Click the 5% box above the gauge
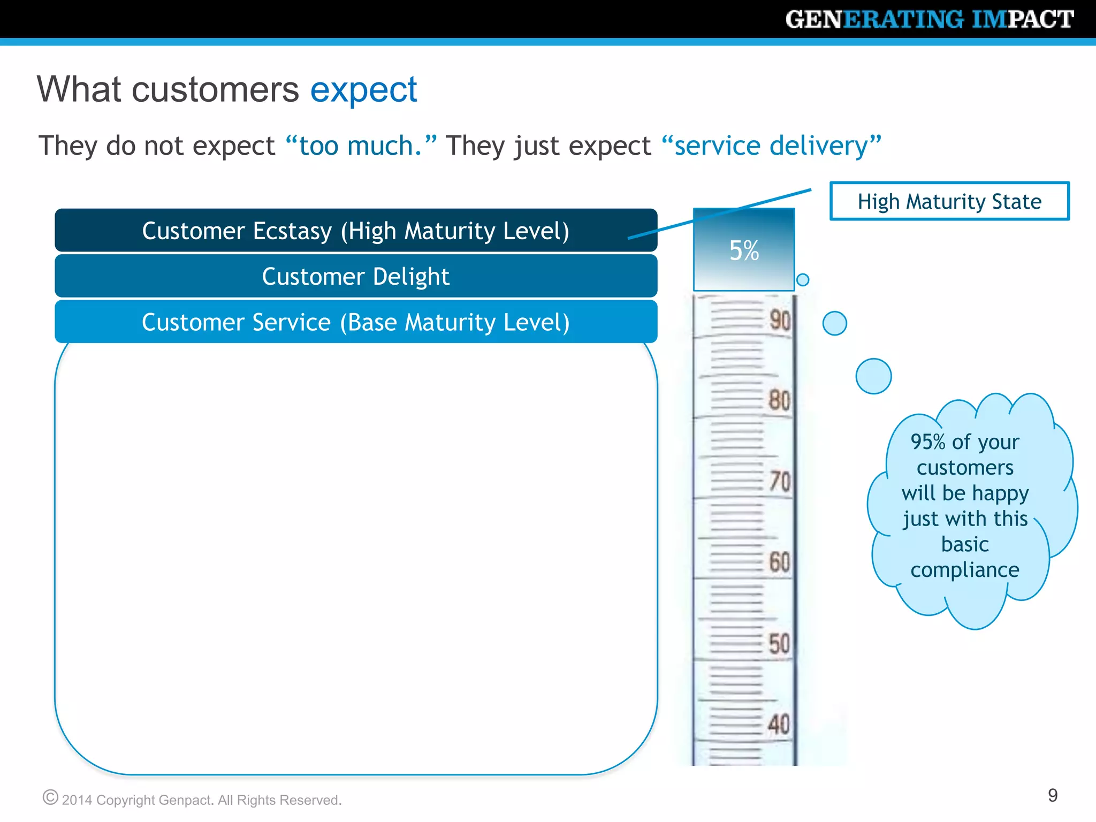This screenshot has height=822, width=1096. tap(744, 250)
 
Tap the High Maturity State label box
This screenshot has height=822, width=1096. tap(949, 201)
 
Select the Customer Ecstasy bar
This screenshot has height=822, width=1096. tap(355, 231)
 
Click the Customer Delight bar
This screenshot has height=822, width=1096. tap(355, 276)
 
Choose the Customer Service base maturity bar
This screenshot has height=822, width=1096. tap(355, 322)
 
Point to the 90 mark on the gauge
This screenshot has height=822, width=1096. tap(780, 320)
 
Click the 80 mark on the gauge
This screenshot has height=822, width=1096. tap(779, 400)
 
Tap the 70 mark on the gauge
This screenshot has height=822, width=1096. tap(780, 481)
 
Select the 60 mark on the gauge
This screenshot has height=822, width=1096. tap(779, 562)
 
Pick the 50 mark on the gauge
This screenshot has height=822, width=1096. tap(779, 643)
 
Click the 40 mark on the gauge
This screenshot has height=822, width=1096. tap(779, 724)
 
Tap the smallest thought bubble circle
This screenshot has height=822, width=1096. tap(803, 279)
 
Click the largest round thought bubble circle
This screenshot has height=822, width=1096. tap(873, 376)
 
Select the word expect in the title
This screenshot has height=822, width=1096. tap(363, 89)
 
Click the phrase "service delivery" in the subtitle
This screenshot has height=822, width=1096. tap(771, 146)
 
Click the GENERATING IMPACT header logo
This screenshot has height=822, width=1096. tap(929, 19)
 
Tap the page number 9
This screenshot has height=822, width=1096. tap(1052, 795)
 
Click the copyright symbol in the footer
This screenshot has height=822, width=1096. tap(50, 797)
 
